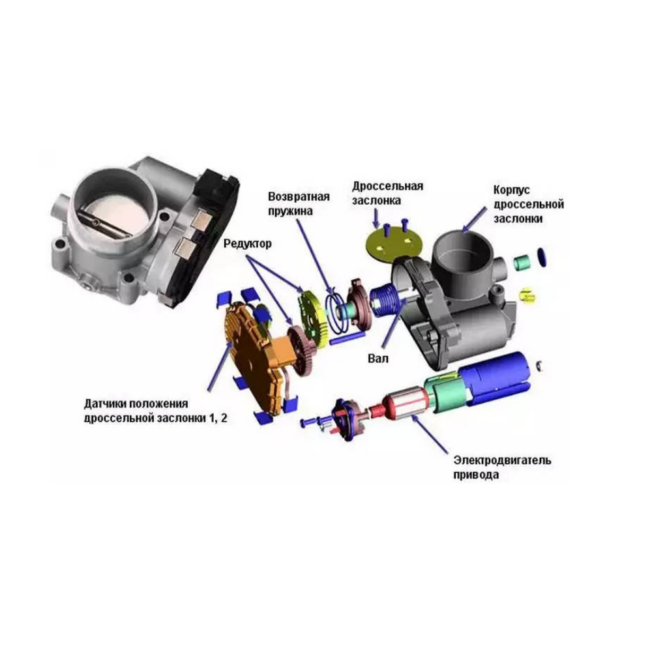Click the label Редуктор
coord(247,243)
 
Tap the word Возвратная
coord(299,196)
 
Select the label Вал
coord(378,358)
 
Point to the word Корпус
coord(511,190)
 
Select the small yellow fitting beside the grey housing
coord(527,295)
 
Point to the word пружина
coord(290,211)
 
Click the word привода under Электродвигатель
coord(476,475)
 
